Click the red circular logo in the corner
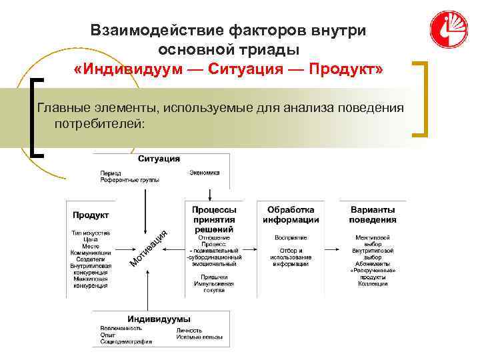(448, 30)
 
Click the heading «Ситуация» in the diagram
(159, 159)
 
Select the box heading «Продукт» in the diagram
(91, 215)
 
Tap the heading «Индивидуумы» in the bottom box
(159, 319)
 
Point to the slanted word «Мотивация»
(147, 246)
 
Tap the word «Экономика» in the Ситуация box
(204, 173)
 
